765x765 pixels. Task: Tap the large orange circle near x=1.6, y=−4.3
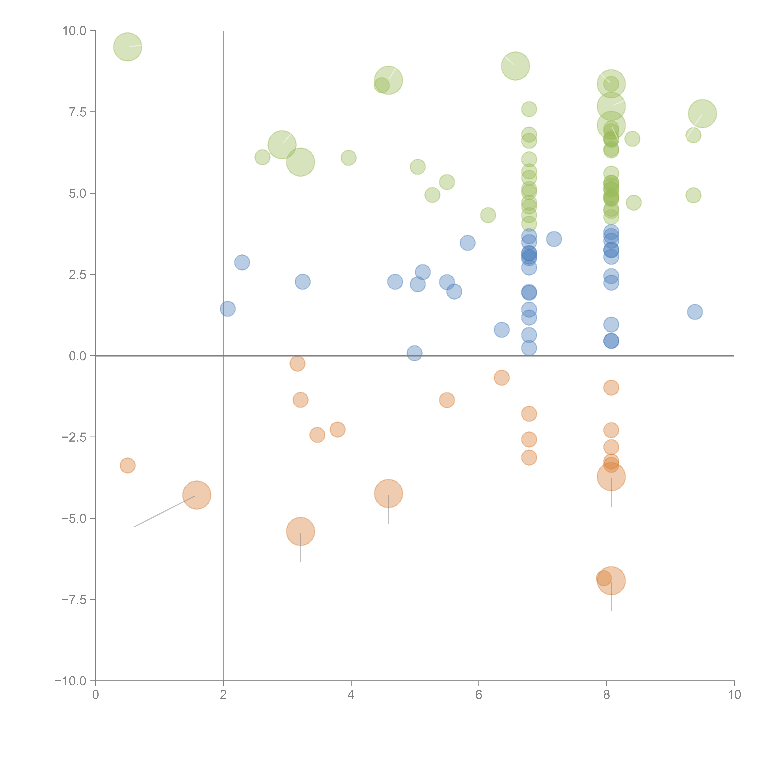click(197, 495)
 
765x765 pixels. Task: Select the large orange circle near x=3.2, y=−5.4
click(300, 531)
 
